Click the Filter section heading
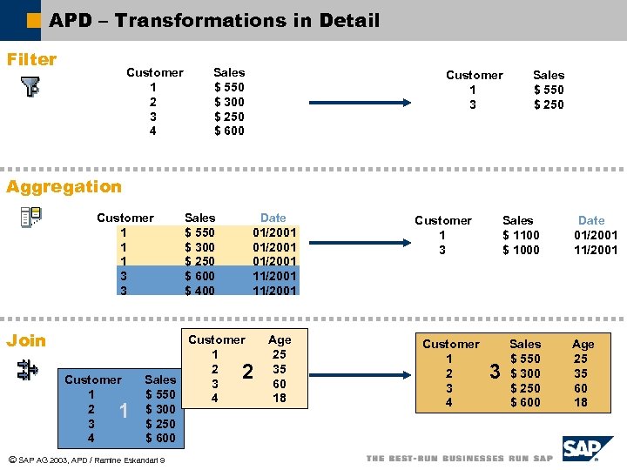(x=31, y=59)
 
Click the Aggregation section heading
(x=64, y=186)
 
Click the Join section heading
(x=26, y=340)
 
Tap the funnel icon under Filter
(x=30, y=87)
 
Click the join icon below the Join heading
(x=27, y=371)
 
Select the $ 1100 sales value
(x=521, y=235)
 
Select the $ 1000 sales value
(x=521, y=250)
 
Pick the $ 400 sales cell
(x=199, y=291)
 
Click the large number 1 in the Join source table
(x=124, y=409)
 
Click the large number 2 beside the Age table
(x=247, y=372)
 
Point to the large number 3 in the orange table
(x=495, y=373)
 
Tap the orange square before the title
(x=34, y=20)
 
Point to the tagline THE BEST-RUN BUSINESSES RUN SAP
(x=459, y=458)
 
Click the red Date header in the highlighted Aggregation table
(x=273, y=218)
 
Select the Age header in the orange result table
(x=583, y=344)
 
